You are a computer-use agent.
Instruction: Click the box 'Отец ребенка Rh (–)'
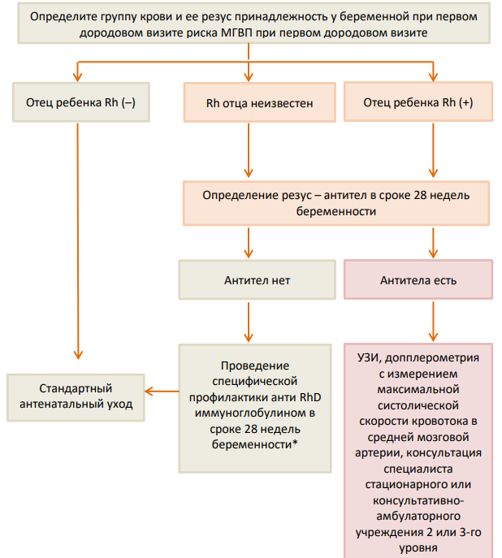pos(81,102)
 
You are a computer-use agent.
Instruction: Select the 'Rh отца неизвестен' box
pos(260,102)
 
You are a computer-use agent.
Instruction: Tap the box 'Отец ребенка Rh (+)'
pos(418,102)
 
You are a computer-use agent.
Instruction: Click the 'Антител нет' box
pos(257,279)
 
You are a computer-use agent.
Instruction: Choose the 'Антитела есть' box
pos(418,279)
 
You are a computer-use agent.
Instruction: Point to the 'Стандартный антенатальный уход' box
pos(76,397)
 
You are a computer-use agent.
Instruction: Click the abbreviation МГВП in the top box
pos(236,32)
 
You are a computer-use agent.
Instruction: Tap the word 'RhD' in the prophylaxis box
pos(310,397)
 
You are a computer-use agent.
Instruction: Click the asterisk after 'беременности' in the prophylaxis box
pos(295,443)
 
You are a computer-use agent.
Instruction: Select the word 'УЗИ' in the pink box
pos(369,357)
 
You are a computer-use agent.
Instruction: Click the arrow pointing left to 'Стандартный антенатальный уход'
pos(162,391)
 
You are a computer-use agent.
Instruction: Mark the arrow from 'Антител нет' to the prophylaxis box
pos(249,322)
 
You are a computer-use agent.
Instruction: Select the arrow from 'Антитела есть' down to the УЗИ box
pos(433,322)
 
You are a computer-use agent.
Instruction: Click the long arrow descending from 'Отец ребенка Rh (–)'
pos(78,241)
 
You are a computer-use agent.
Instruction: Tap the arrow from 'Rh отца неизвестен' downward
pos(249,150)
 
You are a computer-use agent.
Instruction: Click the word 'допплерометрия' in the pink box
pos(432,357)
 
